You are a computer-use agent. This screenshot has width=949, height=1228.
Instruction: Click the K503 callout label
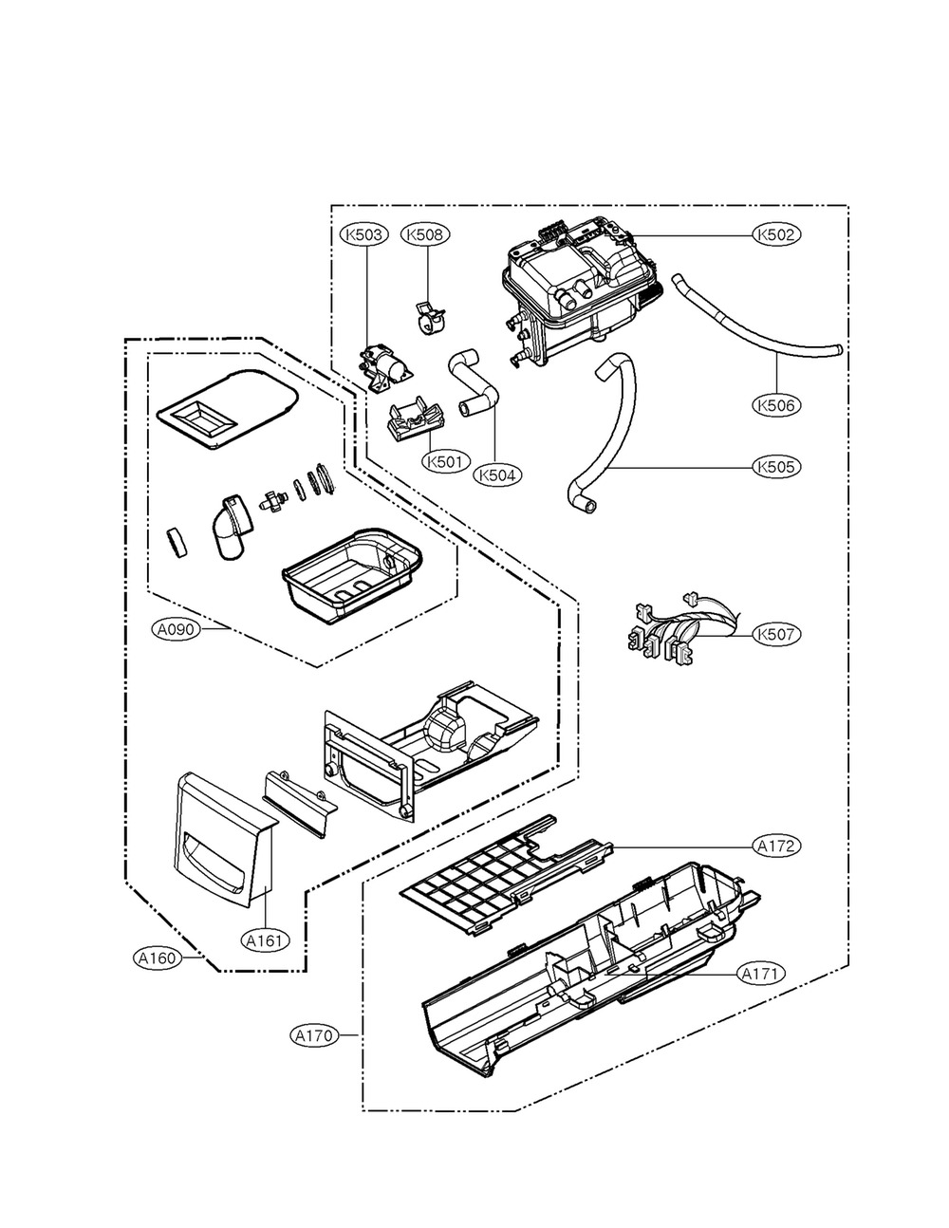364,234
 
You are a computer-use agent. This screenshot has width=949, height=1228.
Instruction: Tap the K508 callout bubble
425,234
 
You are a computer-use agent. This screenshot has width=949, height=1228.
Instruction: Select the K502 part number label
776,234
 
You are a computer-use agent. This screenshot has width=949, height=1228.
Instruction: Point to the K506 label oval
776,404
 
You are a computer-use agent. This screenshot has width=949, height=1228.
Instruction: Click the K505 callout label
776,467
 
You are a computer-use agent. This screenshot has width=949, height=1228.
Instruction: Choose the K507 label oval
776,634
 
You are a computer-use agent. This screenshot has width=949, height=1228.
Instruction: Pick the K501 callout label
446,462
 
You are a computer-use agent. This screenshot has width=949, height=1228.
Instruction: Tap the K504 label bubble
497,475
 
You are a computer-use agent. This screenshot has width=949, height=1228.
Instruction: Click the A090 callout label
176,629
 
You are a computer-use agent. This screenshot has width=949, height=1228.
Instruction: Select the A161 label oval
266,940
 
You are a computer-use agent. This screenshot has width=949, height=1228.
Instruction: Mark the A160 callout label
158,958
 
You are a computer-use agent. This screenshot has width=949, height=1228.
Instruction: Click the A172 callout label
776,846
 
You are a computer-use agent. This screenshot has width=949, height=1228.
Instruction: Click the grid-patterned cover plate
506,877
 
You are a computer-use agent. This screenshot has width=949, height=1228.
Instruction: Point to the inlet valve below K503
385,366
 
